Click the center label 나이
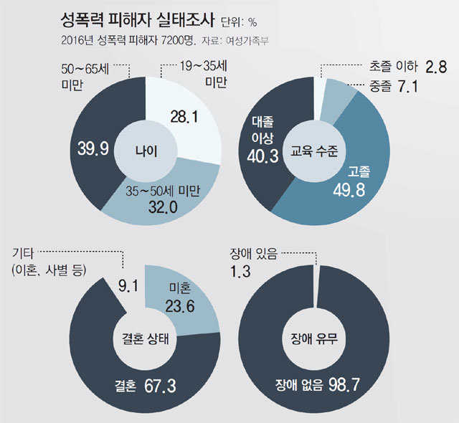[146, 151]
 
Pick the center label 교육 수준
[315, 151]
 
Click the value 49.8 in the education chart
[352, 189]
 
